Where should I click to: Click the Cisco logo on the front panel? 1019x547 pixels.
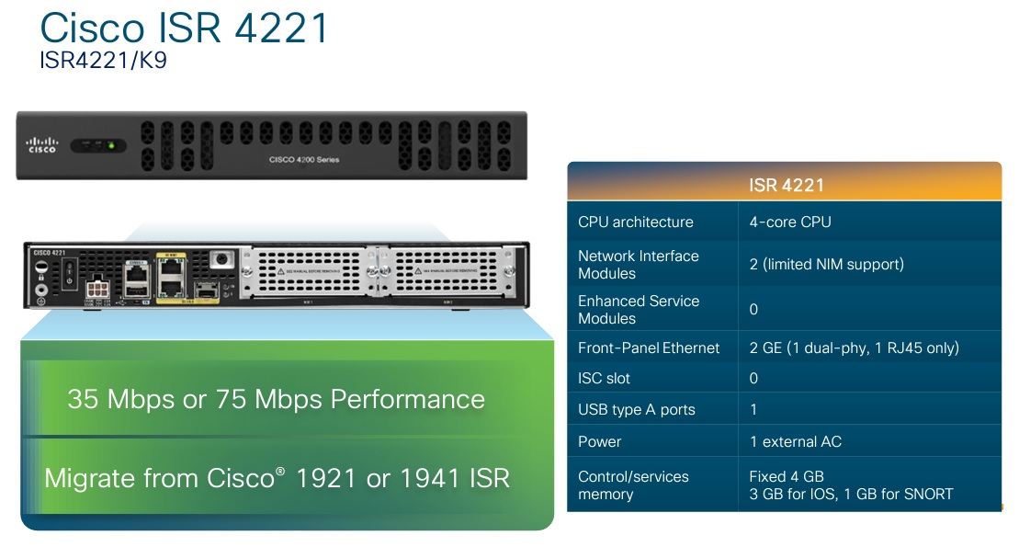42,144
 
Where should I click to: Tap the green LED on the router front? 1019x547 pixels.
111,144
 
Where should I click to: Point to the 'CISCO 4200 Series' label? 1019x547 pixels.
304,160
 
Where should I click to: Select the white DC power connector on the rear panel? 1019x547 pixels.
97,290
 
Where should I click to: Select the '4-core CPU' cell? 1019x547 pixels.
790,222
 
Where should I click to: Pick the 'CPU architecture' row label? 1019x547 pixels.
636,222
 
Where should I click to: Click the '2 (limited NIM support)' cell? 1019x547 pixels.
827,264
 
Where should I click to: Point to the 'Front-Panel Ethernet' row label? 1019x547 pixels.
649,348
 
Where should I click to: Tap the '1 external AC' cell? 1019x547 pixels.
796,441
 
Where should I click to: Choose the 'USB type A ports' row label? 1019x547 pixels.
637,409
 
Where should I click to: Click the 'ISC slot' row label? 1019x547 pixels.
605,378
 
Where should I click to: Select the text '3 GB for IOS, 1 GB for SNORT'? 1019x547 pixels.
852,494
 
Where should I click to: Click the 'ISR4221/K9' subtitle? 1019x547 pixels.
103,62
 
